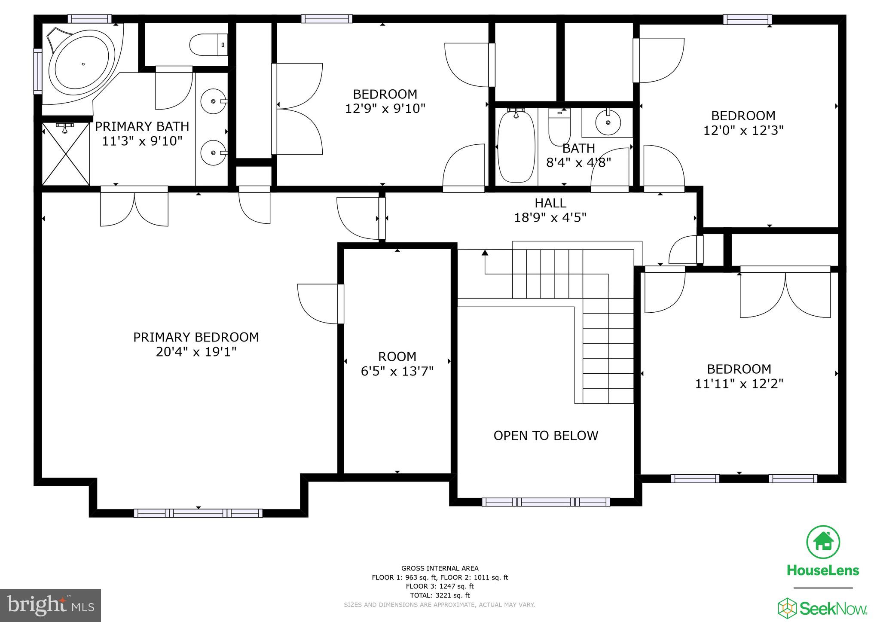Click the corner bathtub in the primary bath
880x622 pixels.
click(x=82, y=64)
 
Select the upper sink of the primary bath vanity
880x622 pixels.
click(x=214, y=101)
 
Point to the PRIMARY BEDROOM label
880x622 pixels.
click(x=196, y=337)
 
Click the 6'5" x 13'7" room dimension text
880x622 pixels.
click(x=397, y=371)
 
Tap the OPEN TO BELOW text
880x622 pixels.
click(x=546, y=436)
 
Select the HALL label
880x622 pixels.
click(x=550, y=203)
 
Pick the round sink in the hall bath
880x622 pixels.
click(x=608, y=122)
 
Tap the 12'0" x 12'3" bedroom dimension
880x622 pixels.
click(x=743, y=130)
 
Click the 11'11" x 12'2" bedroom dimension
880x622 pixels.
click(x=739, y=384)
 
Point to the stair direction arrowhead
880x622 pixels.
click(x=485, y=253)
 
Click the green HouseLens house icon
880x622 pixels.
click(x=823, y=542)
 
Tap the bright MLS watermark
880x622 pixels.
click(x=50, y=605)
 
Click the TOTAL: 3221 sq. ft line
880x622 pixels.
click(x=440, y=595)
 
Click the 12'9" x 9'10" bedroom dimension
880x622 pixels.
click(x=385, y=108)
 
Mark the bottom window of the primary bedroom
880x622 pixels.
click(x=198, y=513)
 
